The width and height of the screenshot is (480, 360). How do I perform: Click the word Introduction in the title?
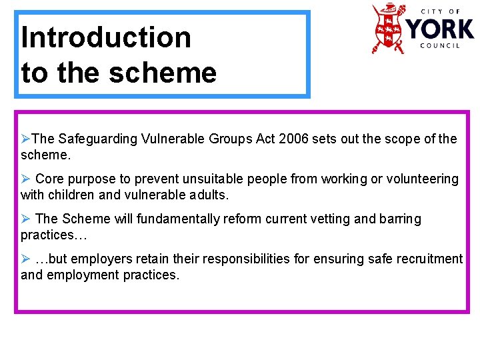coord(106,37)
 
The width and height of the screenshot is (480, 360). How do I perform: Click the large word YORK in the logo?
coord(441,29)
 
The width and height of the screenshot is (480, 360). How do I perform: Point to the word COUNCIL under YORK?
coord(440,46)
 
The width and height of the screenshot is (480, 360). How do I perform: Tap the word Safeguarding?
coord(99,139)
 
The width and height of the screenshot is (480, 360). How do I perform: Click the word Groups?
coord(228,139)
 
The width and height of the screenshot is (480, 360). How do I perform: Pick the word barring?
coord(398,219)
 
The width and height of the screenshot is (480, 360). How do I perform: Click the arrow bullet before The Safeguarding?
coord(25,139)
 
